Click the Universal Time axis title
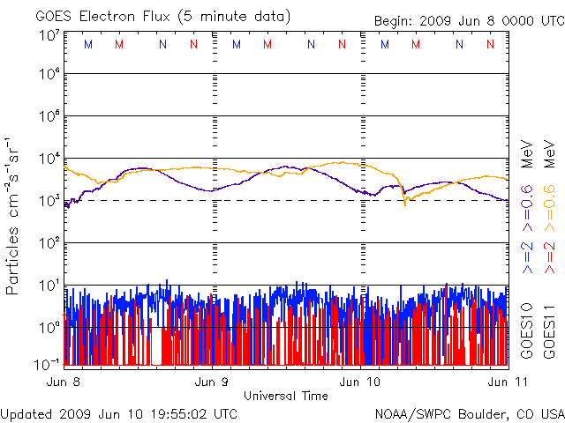point(285,396)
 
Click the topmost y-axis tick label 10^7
point(49,35)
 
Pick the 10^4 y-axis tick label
point(49,158)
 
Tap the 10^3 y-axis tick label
point(49,200)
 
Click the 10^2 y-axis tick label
point(49,242)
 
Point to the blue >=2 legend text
point(526,256)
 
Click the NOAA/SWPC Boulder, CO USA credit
point(469,412)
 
